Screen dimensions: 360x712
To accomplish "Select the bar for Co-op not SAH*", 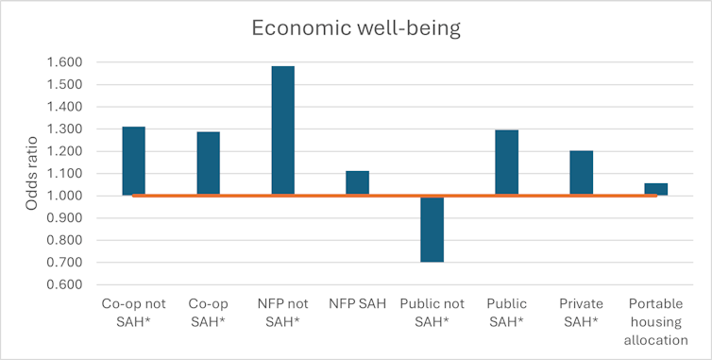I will [133, 161].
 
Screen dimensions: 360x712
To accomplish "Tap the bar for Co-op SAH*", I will [208, 163].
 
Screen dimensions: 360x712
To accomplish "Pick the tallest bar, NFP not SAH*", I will [282, 130].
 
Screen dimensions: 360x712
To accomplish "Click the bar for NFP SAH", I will [357, 183].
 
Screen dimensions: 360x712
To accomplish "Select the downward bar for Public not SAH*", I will [432, 229].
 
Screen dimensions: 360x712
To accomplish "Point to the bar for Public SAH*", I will [506, 163].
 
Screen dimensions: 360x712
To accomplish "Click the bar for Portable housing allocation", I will [655, 189].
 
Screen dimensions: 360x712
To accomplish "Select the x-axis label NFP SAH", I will [357, 305].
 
